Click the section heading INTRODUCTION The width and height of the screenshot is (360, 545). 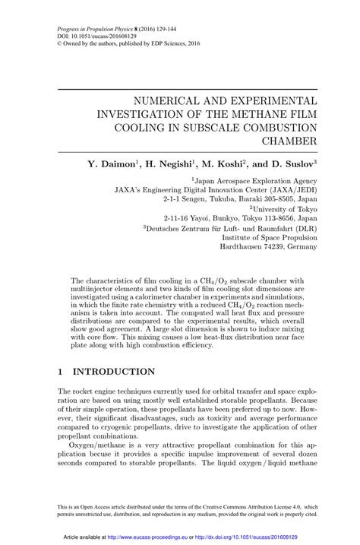[115, 372]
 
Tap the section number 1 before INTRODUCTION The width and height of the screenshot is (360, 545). [62, 372]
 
